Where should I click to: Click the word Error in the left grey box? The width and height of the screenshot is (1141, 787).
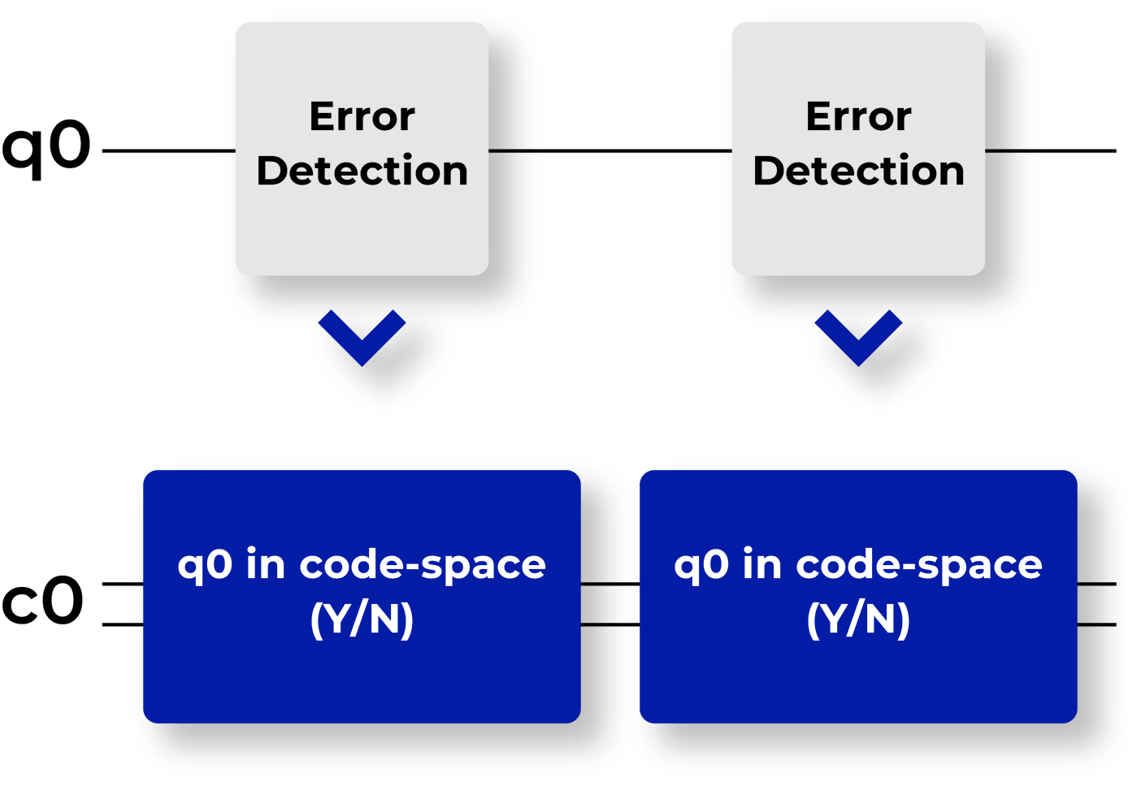click(362, 116)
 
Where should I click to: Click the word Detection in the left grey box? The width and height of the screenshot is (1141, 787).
click(362, 171)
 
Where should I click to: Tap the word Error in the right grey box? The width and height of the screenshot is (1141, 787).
click(858, 116)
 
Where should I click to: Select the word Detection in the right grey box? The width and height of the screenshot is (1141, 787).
click(858, 171)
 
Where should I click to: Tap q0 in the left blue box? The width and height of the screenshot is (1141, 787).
click(205, 565)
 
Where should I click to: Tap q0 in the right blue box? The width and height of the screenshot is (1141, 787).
click(701, 565)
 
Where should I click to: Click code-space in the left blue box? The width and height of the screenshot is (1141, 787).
click(423, 565)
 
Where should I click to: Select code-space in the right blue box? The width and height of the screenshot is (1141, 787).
click(919, 565)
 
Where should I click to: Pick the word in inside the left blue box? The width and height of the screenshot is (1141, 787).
click(265, 563)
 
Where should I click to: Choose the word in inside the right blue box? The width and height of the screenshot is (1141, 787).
click(761, 563)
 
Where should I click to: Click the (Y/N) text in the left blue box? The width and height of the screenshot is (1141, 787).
click(362, 620)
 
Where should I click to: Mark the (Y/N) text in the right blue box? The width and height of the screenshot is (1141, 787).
click(858, 620)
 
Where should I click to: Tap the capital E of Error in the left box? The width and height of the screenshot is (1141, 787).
click(323, 116)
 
